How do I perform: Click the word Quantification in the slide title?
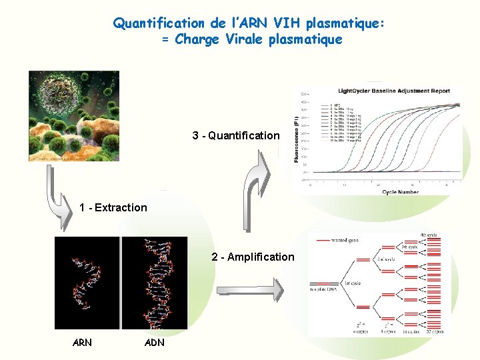point(159,24)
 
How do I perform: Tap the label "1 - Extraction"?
point(113,207)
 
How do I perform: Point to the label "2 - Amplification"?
point(253,257)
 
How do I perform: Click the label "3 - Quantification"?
point(236,135)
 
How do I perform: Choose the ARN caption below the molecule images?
point(82,343)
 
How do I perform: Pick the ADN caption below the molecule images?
point(154,343)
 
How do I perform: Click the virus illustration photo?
point(73,115)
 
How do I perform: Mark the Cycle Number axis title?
point(400,192)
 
